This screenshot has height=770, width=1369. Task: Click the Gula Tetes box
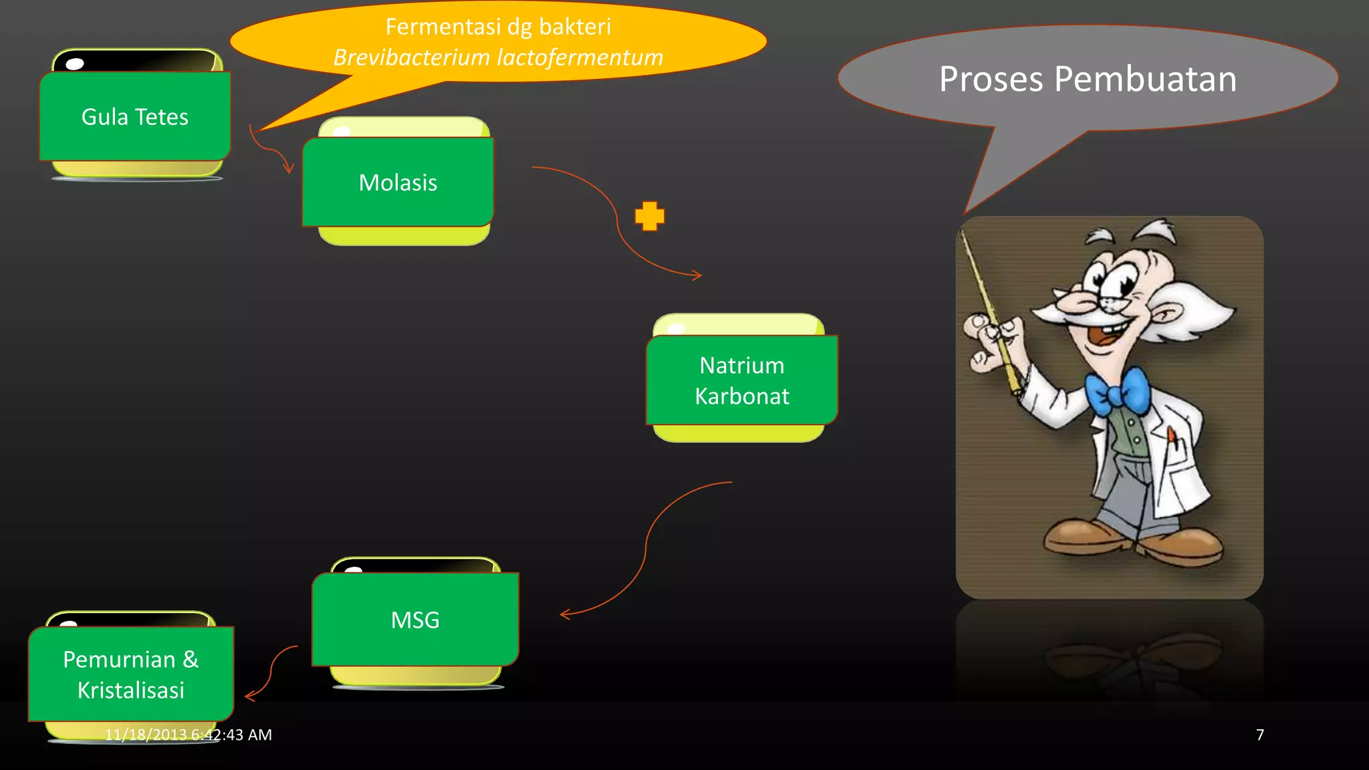pyautogui.click(x=134, y=117)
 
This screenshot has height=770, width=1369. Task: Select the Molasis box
pyautogui.click(x=398, y=182)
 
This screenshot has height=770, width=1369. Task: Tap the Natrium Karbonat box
pyautogui.click(x=742, y=380)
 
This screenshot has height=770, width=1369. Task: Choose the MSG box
pyautogui.click(x=415, y=620)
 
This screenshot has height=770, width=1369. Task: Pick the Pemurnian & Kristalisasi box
pyautogui.click(x=131, y=674)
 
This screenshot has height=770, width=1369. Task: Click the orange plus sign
pyautogui.click(x=650, y=216)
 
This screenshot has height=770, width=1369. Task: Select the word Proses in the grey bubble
pyautogui.click(x=991, y=79)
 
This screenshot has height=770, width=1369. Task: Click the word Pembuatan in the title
pyautogui.click(x=1145, y=79)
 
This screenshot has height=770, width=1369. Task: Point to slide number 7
pyautogui.click(x=1260, y=735)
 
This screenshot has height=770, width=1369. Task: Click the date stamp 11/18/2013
pyautogui.click(x=145, y=735)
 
